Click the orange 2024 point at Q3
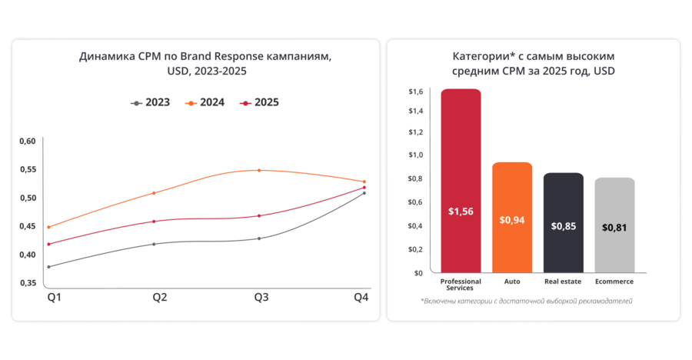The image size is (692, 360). (x=259, y=170)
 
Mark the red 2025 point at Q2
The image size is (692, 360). (x=155, y=222)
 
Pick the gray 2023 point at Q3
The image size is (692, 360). (x=259, y=238)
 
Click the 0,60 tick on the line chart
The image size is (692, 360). (x=28, y=141)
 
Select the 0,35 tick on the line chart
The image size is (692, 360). (x=28, y=283)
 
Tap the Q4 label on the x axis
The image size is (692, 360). (x=361, y=297)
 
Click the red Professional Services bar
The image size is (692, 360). (x=461, y=181)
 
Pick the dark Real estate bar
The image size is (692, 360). (x=564, y=222)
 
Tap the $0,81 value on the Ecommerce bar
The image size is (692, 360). (x=614, y=227)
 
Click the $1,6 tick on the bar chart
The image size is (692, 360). (x=415, y=92)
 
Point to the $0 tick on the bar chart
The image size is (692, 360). (x=419, y=273)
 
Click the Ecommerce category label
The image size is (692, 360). (x=614, y=282)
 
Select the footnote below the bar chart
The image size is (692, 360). (x=527, y=301)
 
